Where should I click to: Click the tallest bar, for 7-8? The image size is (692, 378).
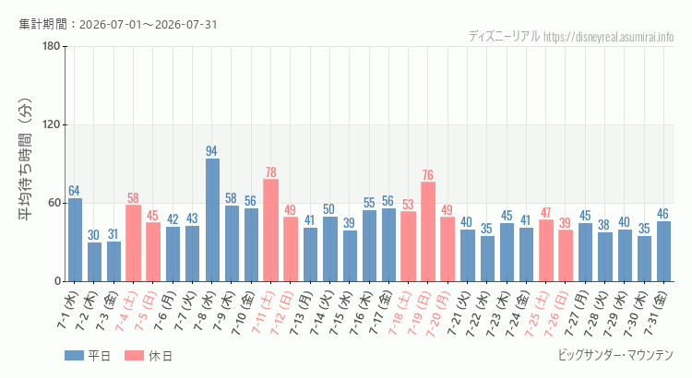point(212,220)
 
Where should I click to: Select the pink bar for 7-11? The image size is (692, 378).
point(271,230)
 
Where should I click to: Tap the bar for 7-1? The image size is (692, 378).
point(75,240)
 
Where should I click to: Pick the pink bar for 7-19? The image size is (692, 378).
point(428,231)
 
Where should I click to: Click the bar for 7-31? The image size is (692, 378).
point(663,252)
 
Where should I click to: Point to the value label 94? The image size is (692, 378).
point(212,151)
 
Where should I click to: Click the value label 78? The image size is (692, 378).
point(271,171)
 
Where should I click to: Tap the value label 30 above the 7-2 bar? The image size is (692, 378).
point(93,235)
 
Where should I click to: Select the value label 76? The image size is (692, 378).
point(427,174)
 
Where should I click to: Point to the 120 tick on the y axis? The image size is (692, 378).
point(52,124)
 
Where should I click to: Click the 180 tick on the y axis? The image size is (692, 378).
point(52,46)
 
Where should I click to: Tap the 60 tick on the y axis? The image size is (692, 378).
point(54,204)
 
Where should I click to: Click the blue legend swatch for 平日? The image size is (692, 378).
point(74,356)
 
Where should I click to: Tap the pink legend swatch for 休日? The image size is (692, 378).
point(134,356)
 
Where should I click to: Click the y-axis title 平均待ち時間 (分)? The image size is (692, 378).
point(26,159)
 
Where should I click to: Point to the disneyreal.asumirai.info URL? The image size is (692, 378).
point(609,37)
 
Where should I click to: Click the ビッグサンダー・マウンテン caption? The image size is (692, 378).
point(615,355)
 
